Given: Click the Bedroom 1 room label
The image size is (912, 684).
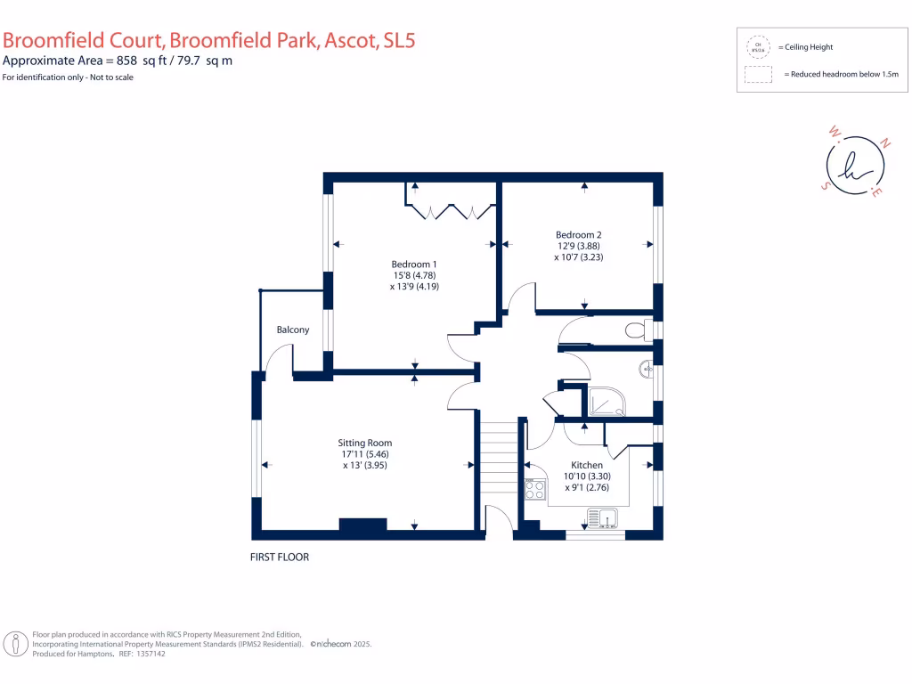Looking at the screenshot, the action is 414,264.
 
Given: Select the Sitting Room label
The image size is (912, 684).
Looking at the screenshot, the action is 364,443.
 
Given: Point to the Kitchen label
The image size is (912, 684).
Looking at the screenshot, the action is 587,465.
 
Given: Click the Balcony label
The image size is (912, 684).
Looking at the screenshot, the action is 293,330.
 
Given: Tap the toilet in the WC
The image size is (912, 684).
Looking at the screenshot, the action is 637,330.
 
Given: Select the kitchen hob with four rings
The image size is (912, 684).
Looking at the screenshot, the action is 535,489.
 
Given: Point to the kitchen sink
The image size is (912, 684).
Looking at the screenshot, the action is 604,517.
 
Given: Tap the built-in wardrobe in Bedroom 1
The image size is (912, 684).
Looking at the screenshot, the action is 450,210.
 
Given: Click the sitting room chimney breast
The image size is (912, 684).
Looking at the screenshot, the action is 362,525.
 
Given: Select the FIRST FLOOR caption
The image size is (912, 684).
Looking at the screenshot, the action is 279,558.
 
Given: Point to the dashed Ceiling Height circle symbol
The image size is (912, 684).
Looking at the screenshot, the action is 759,47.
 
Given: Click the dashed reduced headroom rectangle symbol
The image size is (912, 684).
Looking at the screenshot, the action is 759,75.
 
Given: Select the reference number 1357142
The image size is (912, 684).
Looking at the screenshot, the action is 148,654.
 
